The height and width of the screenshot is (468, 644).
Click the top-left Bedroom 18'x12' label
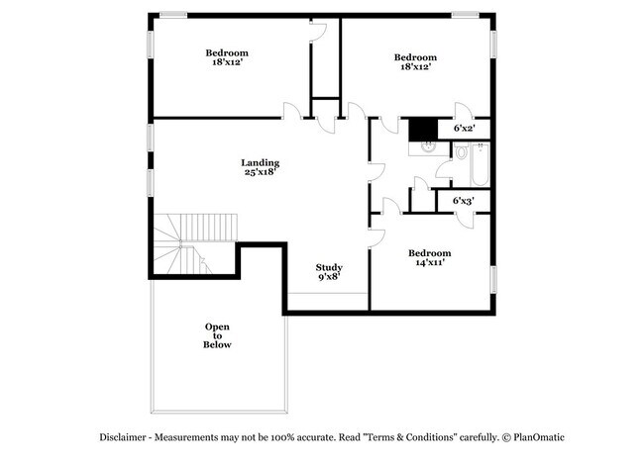(227, 57)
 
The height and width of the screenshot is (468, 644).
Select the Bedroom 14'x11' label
(430, 258)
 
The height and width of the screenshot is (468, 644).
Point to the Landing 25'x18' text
(260, 167)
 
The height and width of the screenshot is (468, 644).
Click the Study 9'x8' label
(329, 273)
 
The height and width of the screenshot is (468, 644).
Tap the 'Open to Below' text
(218, 336)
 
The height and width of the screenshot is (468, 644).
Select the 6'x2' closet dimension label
(464, 128)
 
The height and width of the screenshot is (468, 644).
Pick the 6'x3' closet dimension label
(464, 201)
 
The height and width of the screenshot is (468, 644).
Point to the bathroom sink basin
(426, 146)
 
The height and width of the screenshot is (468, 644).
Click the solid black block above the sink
(424, 128)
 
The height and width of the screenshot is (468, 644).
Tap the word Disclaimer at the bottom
(125, 437)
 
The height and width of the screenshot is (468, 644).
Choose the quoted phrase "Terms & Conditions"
(406, 437)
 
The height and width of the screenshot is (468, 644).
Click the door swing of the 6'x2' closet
(461, 110)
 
